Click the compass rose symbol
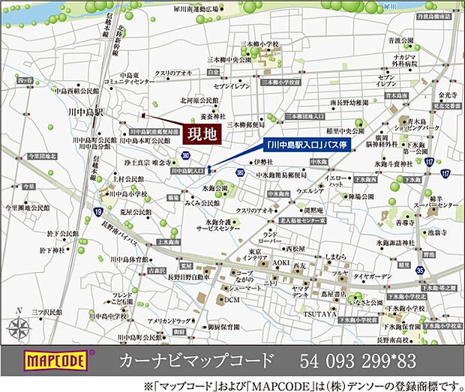[x=22, y=327]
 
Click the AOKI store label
[x=280, y=262]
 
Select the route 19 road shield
[x=99, y=211]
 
